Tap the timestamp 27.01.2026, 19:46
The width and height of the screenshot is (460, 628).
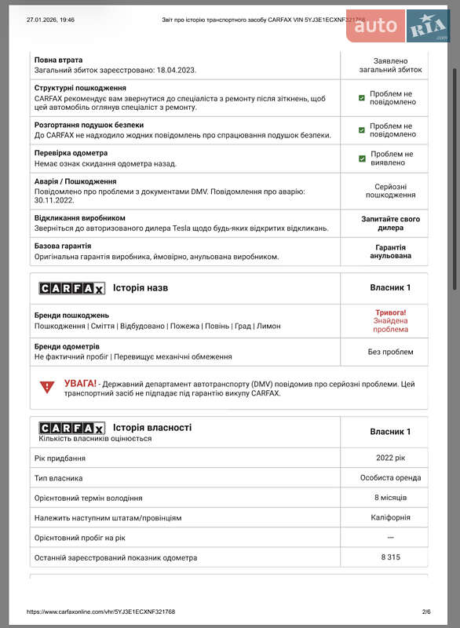tap(50, 20)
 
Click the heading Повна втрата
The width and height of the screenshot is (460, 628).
tap(59, 60)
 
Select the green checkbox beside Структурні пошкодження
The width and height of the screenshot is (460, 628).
tap(362, 98)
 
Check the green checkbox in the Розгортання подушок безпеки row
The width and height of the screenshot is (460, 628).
tap(362, 130)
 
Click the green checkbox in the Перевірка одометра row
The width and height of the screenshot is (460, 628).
tap(362, 159)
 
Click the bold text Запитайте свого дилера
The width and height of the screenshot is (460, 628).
tap(390, 223)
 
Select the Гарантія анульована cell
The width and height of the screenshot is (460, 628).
tap(390, 251)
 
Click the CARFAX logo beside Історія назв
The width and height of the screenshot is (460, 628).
tap(71, 288)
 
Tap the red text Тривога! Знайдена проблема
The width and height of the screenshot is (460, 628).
tap(390, 320)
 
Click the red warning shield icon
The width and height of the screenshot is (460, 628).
tap(47, 387)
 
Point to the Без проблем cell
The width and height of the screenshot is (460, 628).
tap(390, 352)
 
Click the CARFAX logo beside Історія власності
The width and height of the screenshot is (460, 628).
tap(71, 428)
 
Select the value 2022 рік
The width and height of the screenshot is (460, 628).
tap(390, 458)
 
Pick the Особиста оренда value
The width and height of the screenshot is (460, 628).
tap(390, 477)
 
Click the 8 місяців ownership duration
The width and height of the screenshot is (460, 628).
tap(390, 498)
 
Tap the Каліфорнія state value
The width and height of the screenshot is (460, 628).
tap(390, 517)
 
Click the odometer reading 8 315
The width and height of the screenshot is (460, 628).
tap(390, 557)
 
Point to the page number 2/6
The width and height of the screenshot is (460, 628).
tap(426, 612)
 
